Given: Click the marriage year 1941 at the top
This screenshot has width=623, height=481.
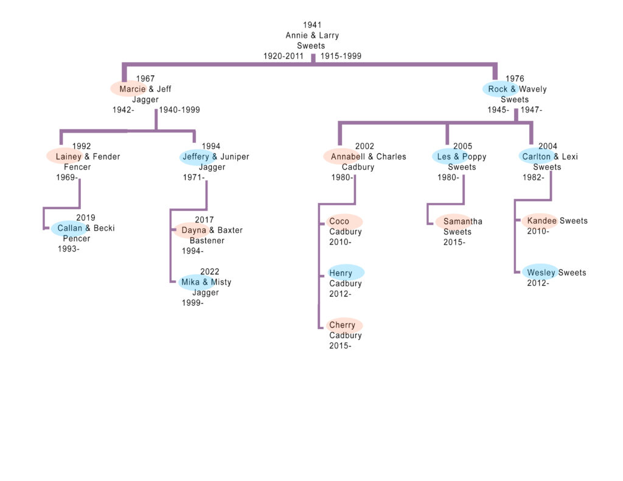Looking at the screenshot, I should point(312,25).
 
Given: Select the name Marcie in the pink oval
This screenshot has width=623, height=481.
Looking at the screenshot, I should point(133,89).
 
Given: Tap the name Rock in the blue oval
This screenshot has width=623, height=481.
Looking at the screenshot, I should point(498,89).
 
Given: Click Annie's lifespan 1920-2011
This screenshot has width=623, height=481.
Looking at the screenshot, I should point(283,56).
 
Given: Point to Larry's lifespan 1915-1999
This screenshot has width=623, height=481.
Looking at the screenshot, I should point(341,56).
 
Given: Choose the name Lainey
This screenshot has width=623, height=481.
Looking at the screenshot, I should point(68,157).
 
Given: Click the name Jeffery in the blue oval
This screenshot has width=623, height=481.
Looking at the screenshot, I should point(196,157).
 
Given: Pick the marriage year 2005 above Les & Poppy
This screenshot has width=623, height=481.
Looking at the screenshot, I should point(462,147).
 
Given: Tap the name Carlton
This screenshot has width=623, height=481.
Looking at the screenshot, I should point(536,157).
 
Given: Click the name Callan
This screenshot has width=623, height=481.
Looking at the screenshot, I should point(70,229).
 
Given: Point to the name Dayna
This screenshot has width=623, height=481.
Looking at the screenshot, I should point(194,230).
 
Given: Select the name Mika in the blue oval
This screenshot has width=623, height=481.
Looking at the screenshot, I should point(190,282).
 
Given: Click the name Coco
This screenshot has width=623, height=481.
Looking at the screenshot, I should point(339,221).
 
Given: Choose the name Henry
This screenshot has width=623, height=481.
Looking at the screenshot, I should point(341,274).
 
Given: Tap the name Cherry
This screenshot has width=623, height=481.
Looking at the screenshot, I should point(342,325).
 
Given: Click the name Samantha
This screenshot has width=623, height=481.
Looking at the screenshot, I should point(462,221).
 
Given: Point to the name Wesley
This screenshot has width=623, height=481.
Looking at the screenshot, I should point(541,272).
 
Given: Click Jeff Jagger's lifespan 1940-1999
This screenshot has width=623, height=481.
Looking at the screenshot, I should point(179,110).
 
